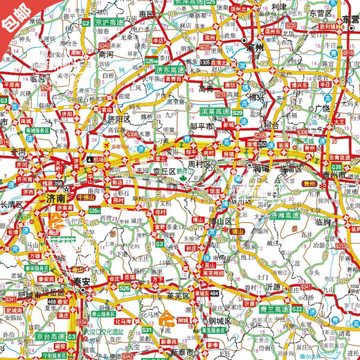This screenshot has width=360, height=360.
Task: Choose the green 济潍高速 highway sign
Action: (x=287, y=215)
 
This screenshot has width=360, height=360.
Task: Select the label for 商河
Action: (x=106, y=53)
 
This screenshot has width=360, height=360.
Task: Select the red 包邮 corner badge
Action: (x=15, y=15)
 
